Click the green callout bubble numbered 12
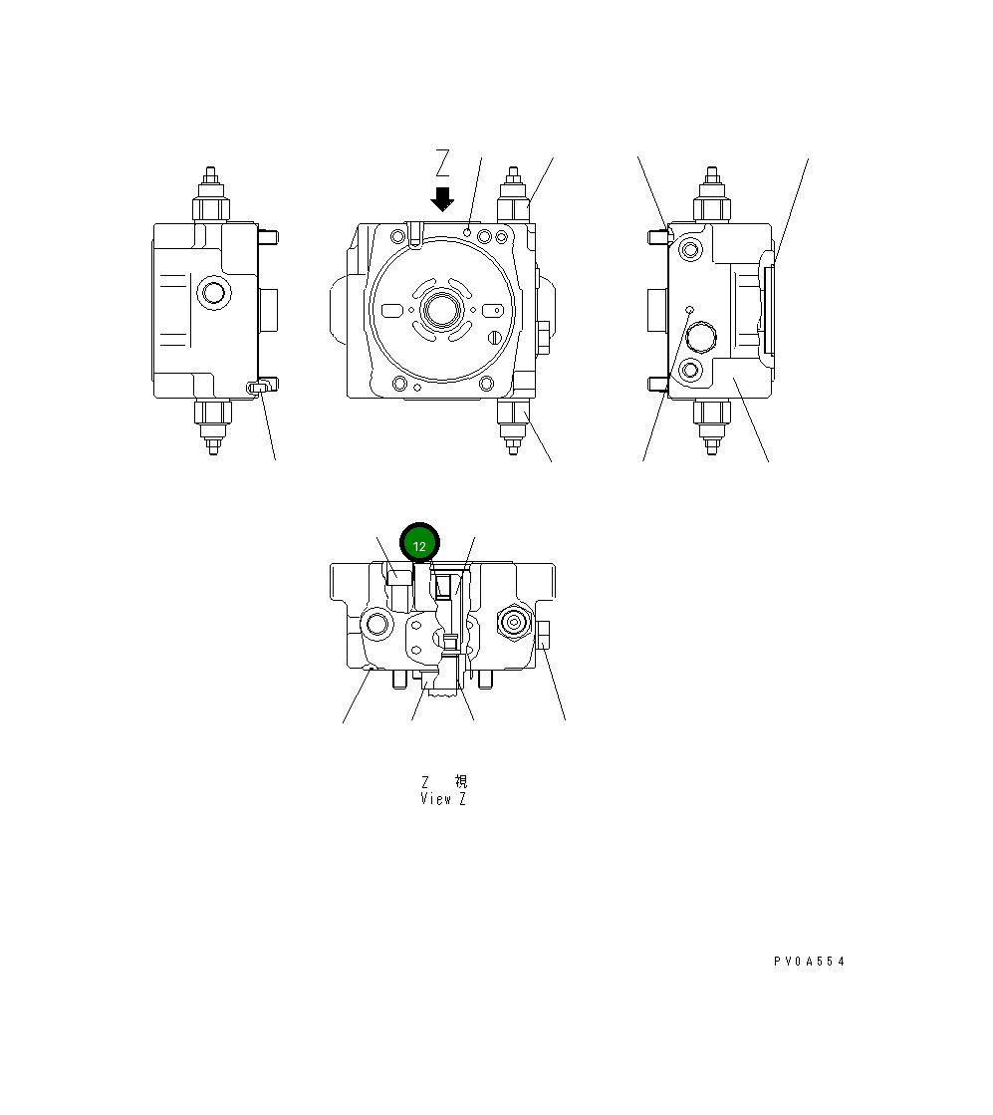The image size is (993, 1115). pyautogui.click(x=419, y=545)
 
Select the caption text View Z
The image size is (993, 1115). pyautogui.click(x=443, y=799)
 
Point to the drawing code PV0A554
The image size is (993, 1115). pyautogui.click(x=809, y=962)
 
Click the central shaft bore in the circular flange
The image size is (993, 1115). pyautogui.click(x=439, y=310)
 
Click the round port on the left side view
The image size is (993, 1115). pyautogui.click(x=212, y=293)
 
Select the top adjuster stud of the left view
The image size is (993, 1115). pyautogui.click(x=212, y=195)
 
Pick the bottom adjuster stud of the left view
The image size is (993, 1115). pyautogui.click(x=212, y=426)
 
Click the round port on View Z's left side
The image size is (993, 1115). pyautogui.click(x=377, y=625)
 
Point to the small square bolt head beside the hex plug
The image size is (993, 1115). pyautogui.click(x=543, y=635)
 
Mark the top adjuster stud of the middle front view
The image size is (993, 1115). pyautogui.click(x=514, y=195)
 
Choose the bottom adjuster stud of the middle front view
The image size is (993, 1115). pyautogui.click(x=514, y=426)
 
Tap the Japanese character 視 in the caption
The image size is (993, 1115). pyautogui.click(x=459, y=782)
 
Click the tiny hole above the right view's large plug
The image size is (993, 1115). pyautogui.click(x=688, y=310)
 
